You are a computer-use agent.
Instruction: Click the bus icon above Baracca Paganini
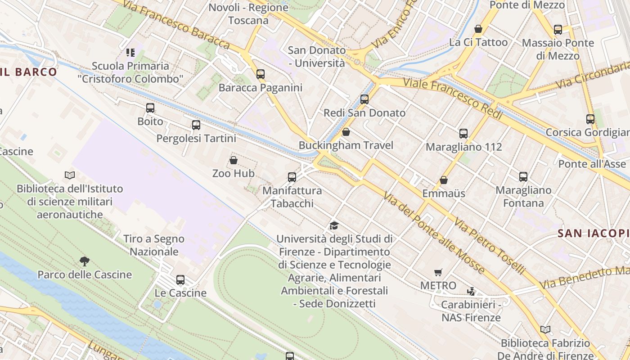click(260, 74)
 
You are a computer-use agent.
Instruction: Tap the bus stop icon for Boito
click(150, 108)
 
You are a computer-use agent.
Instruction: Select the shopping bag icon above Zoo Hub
click(234, 160)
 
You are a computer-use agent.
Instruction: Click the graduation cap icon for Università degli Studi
click(334, 225)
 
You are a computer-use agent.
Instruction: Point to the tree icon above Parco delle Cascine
click(84, 261)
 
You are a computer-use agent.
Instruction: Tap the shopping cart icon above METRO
click(438, 272)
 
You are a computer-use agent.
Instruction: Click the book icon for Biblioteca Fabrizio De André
click(545, 330)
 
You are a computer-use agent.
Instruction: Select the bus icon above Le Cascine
click(180, 280)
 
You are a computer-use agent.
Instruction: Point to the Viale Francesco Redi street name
click(453, 98)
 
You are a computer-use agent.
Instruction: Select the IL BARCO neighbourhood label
click(29, 72)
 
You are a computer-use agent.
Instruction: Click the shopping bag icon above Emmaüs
click(444, 180)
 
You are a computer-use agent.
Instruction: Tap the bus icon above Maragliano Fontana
click(523, 177)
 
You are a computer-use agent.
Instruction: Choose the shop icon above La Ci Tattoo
click(478, 29)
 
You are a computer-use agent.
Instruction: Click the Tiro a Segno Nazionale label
click(154, 245)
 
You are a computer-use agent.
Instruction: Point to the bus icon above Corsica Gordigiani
click(590, 119)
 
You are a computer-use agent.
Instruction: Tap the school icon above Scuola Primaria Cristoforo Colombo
click(130, 53)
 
